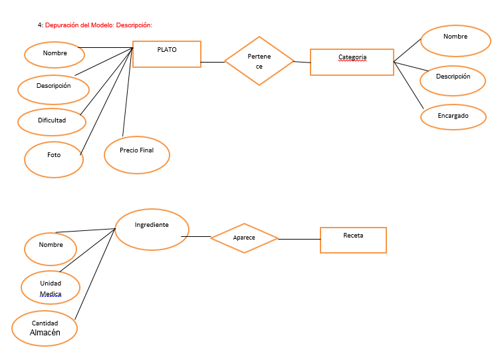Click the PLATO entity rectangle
pyautogui.click(x=167, y=54)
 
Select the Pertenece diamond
pyautogui.click(x=259, y=61)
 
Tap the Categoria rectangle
pyautogui.click(x=352, y=61)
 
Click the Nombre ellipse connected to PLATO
pyautogui.click(x=55, y=54)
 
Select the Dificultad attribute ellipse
pyautogui.click(x=52, y=122)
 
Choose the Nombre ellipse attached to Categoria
pyautogui.click(x=455, y=41)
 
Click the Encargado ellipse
pyautogui.click(x=453, y=116)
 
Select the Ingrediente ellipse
pyautogui.click(x=152, y=228)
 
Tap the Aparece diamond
pyautogui.click(x=244, y=238)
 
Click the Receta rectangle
pyautogui.click(x=353, y=240)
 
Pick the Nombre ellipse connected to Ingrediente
pyautogui.click(x=51, y=248)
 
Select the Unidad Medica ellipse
pyautogui.click(x=51, y=288)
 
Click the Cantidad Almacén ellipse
pyautogui.click(x=45, y=328)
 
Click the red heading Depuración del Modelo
pyautogui.click(x=98, y=25)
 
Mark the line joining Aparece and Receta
pyautogui.click(x=299, y=239)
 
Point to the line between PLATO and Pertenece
pyautogui.click(x=213, y=62)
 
